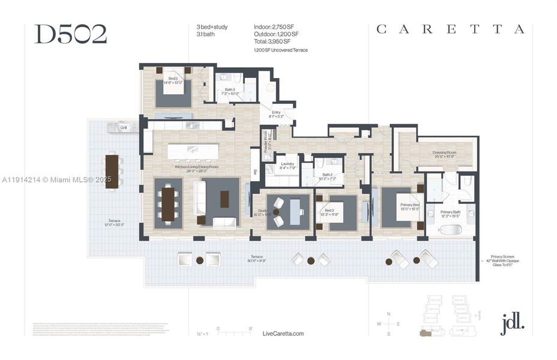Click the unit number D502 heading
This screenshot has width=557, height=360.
point(70,34)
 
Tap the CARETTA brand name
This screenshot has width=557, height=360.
point(450,29)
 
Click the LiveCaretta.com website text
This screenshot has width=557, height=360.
point(283,334)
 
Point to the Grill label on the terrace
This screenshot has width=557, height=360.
point(124,128)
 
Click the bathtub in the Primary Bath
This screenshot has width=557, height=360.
point(450,230)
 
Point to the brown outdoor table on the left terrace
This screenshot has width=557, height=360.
point(112,171)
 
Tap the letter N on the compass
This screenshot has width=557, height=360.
point(389,314)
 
